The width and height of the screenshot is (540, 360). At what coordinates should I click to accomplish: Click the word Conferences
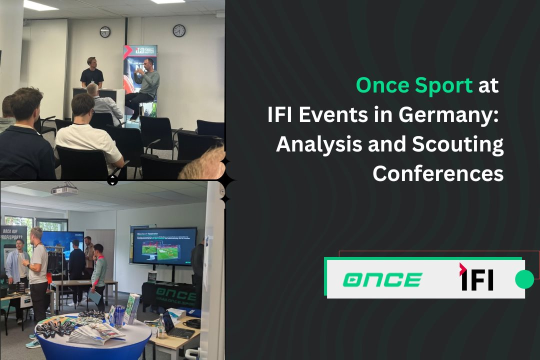(438, 173)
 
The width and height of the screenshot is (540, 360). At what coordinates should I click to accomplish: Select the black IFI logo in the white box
(476, 278)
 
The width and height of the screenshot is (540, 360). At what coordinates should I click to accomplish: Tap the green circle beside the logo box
(524, 279)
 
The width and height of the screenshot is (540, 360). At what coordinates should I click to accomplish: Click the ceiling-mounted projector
(64, 190)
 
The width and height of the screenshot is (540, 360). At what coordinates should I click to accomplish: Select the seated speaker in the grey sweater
(145, 85)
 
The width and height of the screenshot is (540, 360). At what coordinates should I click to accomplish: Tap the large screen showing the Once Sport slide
(164, 246)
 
